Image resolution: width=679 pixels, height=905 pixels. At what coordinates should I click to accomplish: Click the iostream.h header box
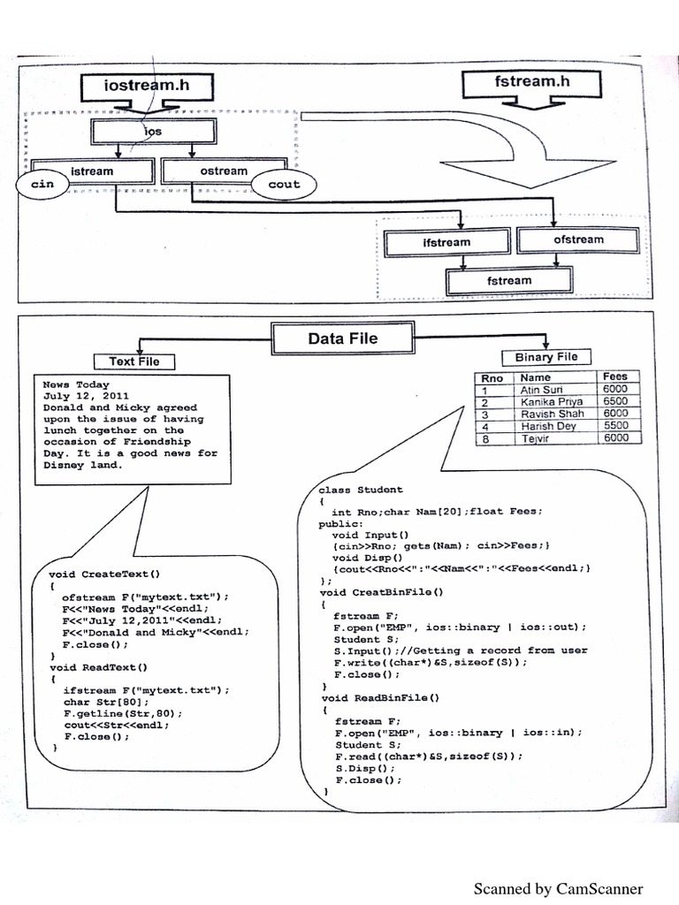click(147, 87)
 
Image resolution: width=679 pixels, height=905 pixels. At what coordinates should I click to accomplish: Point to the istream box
click(92, 171)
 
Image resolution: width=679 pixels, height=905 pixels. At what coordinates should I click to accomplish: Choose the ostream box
click(224, 171)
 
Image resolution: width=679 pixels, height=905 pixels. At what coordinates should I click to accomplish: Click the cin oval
click(42, 185)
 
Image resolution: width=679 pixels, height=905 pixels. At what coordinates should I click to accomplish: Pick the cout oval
click(282, 185)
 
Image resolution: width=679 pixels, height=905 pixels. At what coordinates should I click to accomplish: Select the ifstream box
click(446, 241)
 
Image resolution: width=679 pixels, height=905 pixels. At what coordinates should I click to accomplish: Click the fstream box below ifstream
click(509, 281)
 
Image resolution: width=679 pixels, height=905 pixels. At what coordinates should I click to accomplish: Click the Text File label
click(134, 361)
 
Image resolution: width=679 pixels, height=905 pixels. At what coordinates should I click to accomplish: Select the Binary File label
click(545, 357)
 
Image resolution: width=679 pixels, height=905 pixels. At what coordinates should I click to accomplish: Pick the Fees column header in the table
click(614, 376)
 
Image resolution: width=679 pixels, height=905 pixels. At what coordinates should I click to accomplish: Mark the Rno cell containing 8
click(484, 437)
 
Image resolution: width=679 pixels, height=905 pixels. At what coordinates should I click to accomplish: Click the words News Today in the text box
click(76, 384)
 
